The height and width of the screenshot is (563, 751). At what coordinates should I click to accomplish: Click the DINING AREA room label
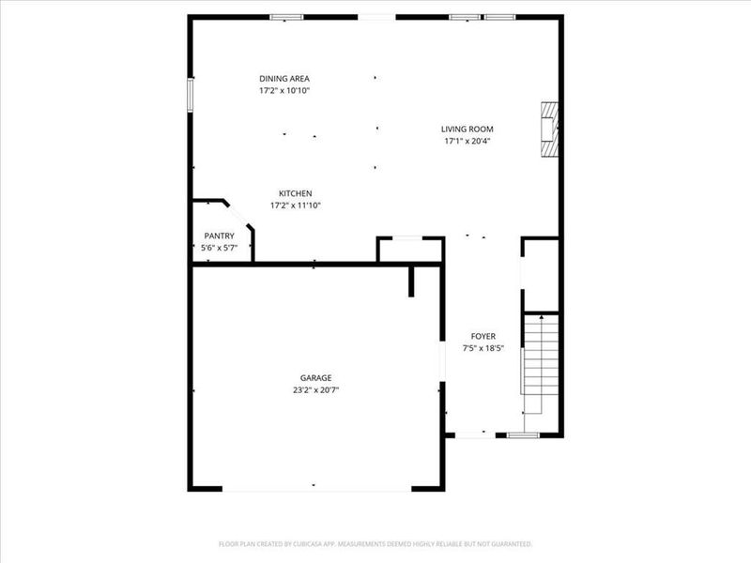[284, 79]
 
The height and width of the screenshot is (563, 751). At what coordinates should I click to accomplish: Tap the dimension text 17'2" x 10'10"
[284, 91]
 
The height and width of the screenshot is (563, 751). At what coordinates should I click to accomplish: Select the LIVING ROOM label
[467, 129]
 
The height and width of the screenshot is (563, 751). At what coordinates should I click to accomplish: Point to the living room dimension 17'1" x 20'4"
[467, 142]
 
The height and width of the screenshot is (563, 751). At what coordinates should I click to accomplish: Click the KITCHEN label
[295, 193]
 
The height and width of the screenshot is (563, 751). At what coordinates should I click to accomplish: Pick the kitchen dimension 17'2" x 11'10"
[295, 205]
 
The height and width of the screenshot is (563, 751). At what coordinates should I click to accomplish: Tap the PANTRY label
[219, 236]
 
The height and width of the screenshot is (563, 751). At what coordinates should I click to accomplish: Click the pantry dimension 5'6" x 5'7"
[219, 248]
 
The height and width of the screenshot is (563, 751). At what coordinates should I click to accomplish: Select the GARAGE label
[315, 377]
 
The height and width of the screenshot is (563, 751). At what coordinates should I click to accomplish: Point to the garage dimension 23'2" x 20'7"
[315, 389]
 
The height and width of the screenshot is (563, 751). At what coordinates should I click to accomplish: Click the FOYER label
[483, 336]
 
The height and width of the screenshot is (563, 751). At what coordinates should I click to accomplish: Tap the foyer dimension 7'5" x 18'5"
[483, 348]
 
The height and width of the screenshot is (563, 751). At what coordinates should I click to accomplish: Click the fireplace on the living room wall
[550, 129]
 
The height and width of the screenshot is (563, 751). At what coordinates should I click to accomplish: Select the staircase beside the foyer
[541, 366]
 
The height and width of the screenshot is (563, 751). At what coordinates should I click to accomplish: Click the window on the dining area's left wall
[191, 95]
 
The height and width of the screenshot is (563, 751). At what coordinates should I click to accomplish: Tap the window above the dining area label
[286, 17]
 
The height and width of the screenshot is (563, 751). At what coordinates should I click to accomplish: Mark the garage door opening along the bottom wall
[317, 488]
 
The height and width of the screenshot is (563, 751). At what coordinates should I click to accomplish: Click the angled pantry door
[238, 215]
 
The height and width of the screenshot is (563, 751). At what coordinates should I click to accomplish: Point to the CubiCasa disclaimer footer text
[375, 544]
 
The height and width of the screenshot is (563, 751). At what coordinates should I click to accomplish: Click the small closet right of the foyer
[541, 275]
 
